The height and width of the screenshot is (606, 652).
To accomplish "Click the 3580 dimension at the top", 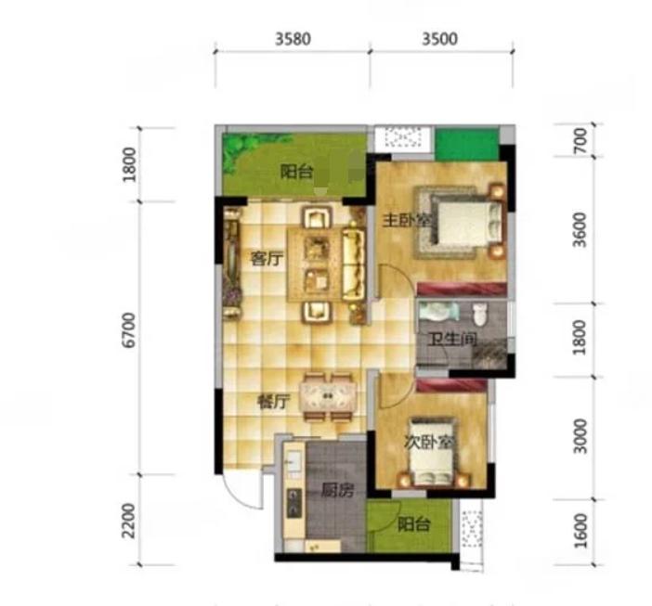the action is click(x=293, y=39).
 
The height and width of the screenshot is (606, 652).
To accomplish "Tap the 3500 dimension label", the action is click(x=439, y=39).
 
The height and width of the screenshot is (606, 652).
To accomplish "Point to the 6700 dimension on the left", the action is click(x=130, y=330).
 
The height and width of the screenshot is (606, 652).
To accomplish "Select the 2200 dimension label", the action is click(x=130, y=521).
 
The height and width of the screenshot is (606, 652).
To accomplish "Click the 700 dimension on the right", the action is click(x=580, y=141).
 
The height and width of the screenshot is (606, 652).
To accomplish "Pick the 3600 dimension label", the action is click(x=580, y=230).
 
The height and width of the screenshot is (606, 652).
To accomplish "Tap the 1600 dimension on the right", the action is click(x=580, y=531).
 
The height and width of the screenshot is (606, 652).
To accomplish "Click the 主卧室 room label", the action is click(x=406, y=221).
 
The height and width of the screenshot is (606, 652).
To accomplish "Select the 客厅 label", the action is click(x=267, y=260).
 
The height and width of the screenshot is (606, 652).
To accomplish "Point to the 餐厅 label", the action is click(x=273, y=402).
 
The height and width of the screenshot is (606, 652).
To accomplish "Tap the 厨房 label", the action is click(x=338, y=491).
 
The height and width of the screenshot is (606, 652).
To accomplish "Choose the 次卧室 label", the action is click(x=428, y=443).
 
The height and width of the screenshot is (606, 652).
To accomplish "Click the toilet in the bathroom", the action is click(x=480, y=315).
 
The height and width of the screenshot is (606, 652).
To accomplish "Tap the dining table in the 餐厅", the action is click(x=329, y=396).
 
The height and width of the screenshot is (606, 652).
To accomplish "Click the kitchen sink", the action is click(x=294, y=459).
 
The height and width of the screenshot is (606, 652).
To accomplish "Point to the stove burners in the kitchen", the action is click(x=294, y=502).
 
